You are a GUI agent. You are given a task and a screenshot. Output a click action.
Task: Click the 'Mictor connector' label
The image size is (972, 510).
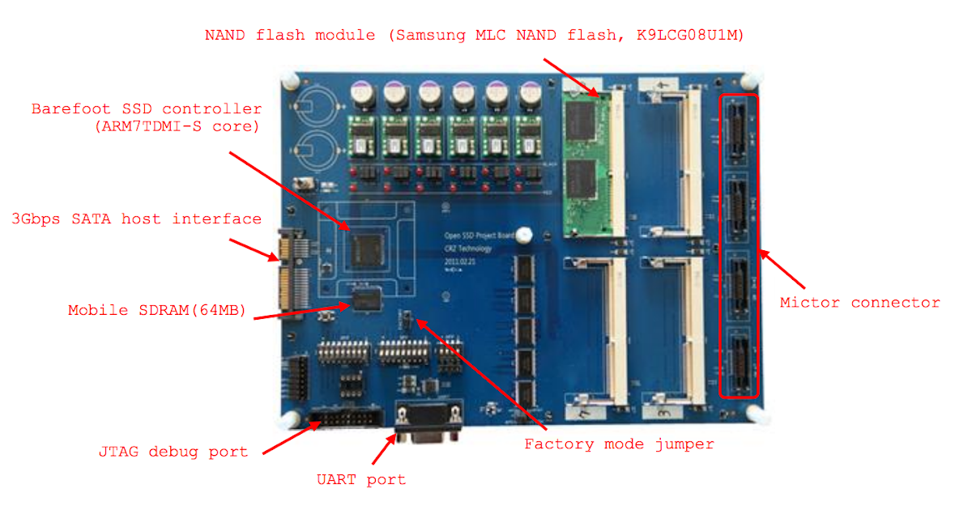pos(859,303)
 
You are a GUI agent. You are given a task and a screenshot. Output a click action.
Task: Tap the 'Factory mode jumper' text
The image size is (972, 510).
pos(619,444)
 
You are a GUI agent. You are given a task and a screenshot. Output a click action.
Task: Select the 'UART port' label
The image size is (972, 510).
pos(360,479)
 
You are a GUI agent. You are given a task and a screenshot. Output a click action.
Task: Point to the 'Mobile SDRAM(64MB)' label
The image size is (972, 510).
pos(156,310)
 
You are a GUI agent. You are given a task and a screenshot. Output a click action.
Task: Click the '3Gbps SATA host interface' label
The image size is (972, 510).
pos(136,219)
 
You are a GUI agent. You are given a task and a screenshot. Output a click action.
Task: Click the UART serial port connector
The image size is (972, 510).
pos(428,422)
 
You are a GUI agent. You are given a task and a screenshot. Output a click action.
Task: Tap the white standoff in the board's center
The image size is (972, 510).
pos(525,235)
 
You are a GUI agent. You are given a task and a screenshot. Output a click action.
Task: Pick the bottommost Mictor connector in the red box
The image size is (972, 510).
pos(739,362)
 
